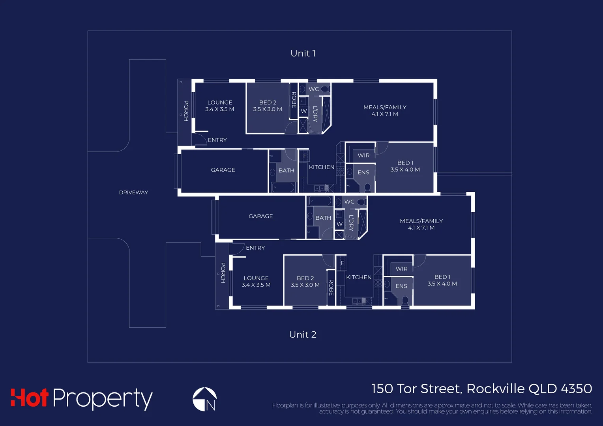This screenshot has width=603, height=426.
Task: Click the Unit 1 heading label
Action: tap(303, 53)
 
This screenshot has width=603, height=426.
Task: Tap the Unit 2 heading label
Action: tap(303, 334)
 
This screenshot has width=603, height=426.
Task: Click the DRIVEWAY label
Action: tap(133, 192)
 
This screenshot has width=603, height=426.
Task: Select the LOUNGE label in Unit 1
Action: tap(220, 103)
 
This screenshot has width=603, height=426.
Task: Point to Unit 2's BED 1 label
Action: tap(442, 277)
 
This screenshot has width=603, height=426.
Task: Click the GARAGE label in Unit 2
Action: tap(260, 216)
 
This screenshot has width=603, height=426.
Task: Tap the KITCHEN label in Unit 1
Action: tap(322, 167)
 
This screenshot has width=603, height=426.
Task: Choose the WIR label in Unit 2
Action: tap(401, 269)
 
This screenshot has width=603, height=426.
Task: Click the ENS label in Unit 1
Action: tap(363, 172)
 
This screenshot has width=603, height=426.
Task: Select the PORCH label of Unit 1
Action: tap(186, 110)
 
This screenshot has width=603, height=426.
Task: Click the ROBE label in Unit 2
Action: tap(331, 287)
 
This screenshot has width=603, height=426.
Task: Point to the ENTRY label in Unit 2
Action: tap(255, 248)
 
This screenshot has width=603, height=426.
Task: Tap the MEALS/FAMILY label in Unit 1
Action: tap(385, 107)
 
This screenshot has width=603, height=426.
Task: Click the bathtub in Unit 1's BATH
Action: tap(284, 187)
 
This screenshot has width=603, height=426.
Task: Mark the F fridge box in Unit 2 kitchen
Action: tap(342, 263)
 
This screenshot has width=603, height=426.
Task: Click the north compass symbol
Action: tap(204, 399)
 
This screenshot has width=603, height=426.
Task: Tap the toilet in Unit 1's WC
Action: tap(325, 89)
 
